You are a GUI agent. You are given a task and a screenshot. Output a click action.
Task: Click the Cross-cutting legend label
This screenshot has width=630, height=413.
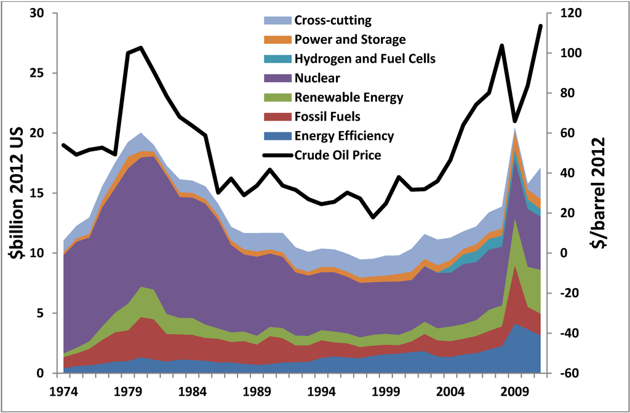pyautogui.click(x=333, y=20)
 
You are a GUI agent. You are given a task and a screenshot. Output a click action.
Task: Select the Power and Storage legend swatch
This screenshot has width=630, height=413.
pyautogui.click(x=276, y=40)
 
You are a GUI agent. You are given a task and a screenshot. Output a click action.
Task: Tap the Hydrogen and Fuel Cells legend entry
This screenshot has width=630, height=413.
pyautogui.click(x=365, y=59)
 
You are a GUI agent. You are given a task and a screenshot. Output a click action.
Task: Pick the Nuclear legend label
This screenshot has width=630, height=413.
pyautogui.click(x=317, y=78)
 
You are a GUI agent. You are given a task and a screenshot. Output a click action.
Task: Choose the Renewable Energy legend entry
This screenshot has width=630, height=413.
pyautogui.click(x=349, y=97)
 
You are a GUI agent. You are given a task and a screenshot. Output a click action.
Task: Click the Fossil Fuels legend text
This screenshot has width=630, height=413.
pyautogui.click(x=327, y=116)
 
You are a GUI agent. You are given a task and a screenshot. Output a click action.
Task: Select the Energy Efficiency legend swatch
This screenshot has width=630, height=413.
pyautogui.click(x=276, y=136)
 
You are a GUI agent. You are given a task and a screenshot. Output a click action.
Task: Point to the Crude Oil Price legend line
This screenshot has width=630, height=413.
pyautogui.click(x=276, y=155)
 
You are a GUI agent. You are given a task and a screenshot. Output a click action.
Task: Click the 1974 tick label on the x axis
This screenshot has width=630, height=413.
pyautogui.click(x=64, y=391)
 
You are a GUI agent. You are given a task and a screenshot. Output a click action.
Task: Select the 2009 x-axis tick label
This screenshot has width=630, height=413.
pyautogui.click(x=516, y=391)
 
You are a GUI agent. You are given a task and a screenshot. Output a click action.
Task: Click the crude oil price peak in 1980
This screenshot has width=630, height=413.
pyautogui.click(x=141, y=47)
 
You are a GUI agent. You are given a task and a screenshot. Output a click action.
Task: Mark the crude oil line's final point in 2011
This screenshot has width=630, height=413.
pyautogui.click(x=541, y=26)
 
